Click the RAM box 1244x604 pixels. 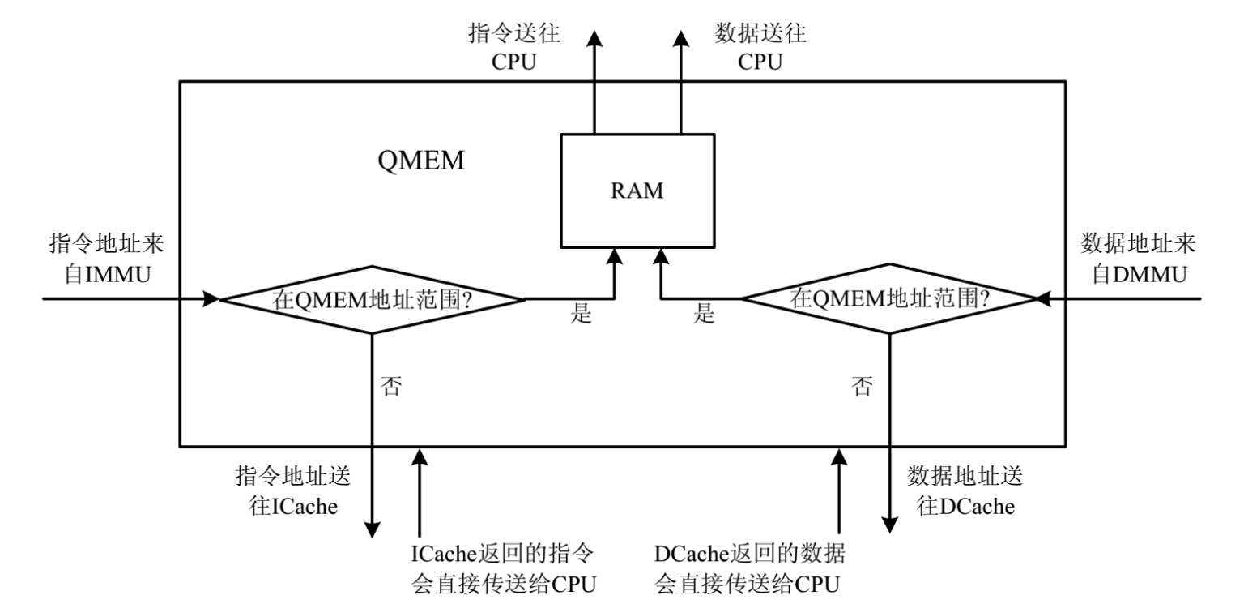click(x=637, y=191)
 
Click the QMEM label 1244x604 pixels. click(x=421, y=161)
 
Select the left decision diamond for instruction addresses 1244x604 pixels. click(x=373, y=299)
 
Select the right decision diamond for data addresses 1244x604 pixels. click(x=890, y=299)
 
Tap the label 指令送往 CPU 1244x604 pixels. click(x=514, y=47)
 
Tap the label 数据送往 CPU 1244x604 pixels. click(x=760, y=47)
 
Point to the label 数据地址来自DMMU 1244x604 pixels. click(x=1139, y=259)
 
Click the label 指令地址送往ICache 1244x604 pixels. click(x=292, y=490)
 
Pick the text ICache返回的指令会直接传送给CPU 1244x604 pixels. click(x=504, y=568)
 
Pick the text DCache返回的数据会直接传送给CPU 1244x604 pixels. click(x=749, y=568)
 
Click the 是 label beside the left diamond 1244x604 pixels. click(x=581, y=315)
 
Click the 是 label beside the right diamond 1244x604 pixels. click(x=704, y=315)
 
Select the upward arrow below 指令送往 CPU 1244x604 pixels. click(x=594, y=81)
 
